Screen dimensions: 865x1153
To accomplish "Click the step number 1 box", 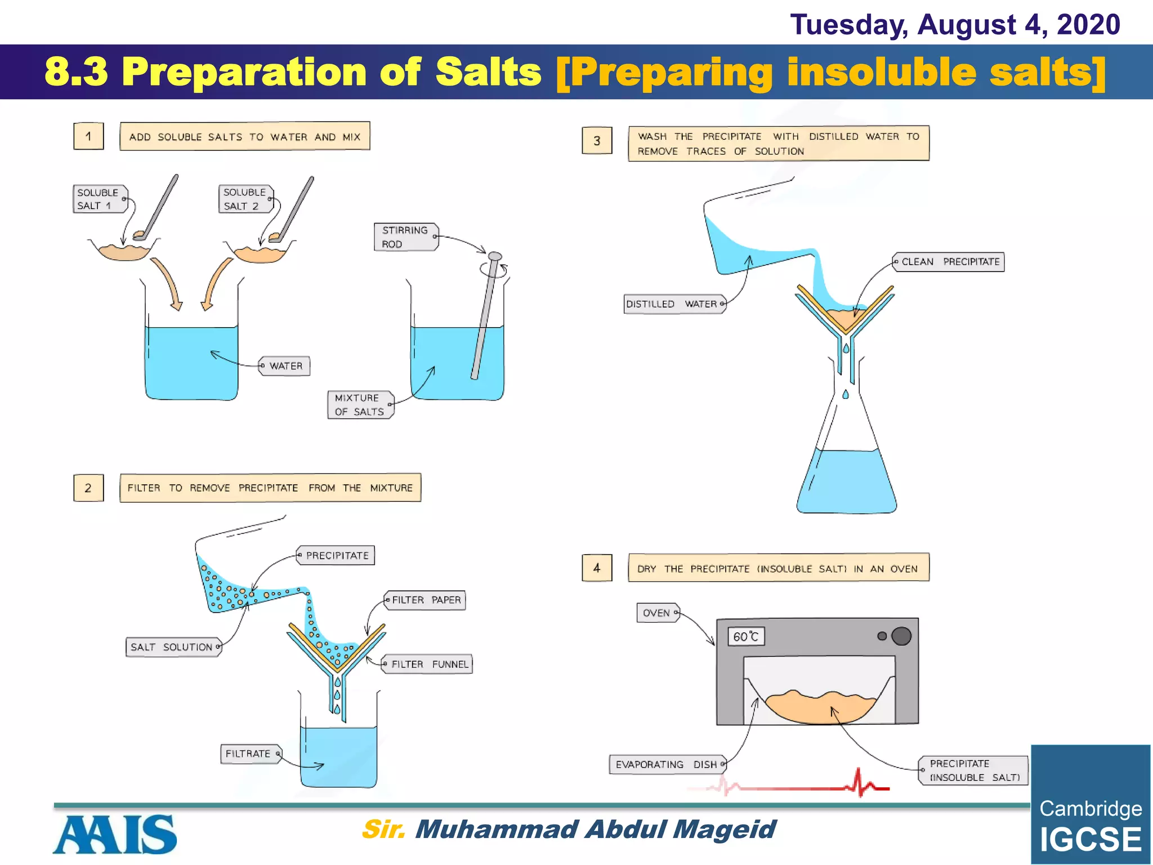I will (88, 136).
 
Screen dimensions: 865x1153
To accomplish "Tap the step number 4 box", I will (597, 568).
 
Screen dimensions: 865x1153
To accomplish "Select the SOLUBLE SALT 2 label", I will (245, 199).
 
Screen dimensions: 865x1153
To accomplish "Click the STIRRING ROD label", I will (405, 237).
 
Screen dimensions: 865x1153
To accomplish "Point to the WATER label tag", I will (285, 366).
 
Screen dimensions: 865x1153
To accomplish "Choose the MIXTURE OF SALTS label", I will (360, 405).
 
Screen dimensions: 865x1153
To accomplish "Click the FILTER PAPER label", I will (426, 600).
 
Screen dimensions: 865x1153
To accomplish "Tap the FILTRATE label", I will (249, 754).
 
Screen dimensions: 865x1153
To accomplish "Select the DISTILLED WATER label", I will (673, 304).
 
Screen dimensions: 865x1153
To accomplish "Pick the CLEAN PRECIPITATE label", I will (949, 262).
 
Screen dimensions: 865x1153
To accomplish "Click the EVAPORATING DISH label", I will (667, 765).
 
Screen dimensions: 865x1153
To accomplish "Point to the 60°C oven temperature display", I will (746, 637).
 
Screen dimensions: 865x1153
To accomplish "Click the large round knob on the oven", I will (901, 636).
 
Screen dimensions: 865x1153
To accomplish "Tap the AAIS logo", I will (115, 835).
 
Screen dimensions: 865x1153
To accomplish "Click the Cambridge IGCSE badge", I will (1091, 805).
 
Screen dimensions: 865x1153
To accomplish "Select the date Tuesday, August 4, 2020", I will (955, 25).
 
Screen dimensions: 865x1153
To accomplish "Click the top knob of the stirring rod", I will (495, 257).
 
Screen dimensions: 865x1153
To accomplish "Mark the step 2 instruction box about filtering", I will (270, 488).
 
